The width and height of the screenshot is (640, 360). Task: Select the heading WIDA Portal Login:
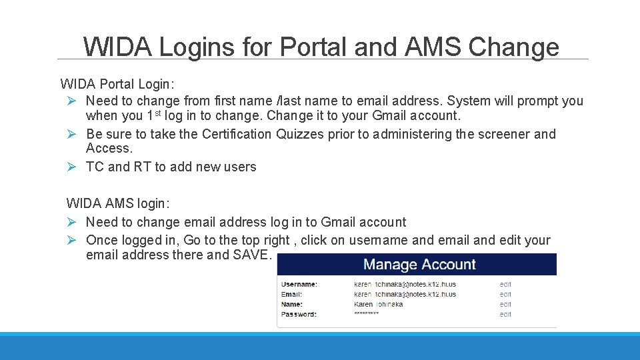[x=117, y=84]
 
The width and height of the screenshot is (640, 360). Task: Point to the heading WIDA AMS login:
[x=118, y=203]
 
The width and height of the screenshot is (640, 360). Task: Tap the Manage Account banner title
[x=419, y=265]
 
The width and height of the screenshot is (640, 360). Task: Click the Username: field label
[x=299, y=284]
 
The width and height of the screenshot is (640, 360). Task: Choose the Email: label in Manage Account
[x=291, y=294]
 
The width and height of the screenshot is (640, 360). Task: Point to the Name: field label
[x=292, y=304]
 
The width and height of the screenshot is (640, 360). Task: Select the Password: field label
[x=299, y=314]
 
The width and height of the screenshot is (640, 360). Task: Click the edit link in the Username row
[x=505, y=284]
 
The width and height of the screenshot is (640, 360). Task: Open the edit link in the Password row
[x=505, y=314]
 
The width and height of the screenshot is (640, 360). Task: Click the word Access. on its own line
[x=109, y=149]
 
